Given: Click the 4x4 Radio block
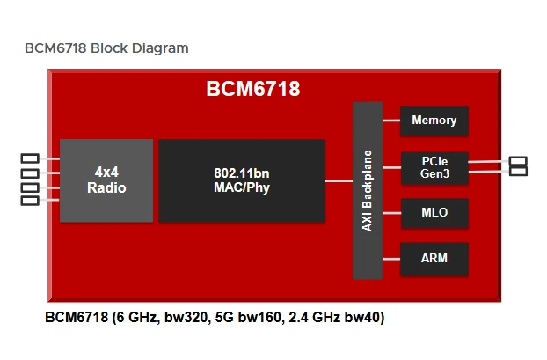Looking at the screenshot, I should (x=106, y=180).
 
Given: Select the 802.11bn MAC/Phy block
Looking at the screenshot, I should (x=241, y=180).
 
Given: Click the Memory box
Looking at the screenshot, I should (x=434, y=121).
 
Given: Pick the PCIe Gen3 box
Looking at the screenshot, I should (x=434, y=167).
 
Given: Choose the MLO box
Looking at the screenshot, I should (x=434, y=213).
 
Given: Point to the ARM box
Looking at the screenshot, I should (x=434, y=258).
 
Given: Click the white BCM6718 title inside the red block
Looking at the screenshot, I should (x=253, y=89).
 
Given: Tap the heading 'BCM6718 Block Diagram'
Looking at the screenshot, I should (x=106, y=48).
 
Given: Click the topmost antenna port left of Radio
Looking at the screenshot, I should (x=30, y=158).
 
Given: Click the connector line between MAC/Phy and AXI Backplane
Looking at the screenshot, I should (x=339, y=180).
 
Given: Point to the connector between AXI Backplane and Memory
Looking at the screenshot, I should (x=391, y=121).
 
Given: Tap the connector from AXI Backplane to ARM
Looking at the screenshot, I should (x=391, y=258).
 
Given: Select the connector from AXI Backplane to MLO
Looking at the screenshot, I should (x=391, y=213).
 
